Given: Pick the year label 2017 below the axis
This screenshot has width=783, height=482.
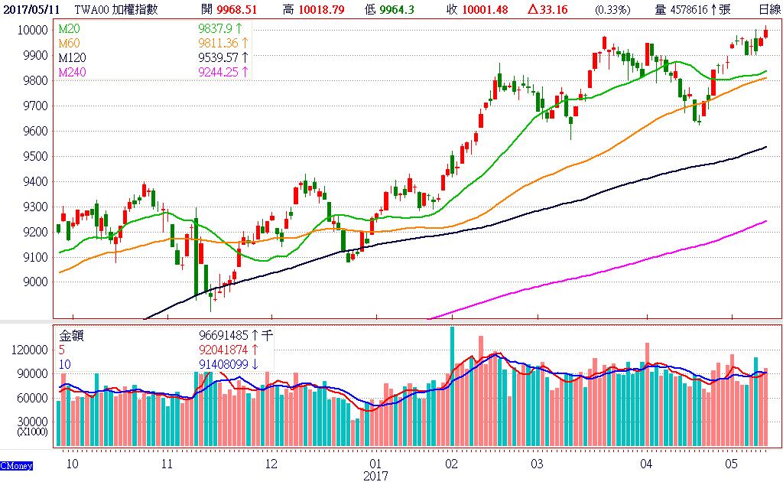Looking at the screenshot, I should (375, 475).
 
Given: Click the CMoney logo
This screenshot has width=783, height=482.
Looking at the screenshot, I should (15, 466).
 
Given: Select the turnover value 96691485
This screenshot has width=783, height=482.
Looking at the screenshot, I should (226, 334).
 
